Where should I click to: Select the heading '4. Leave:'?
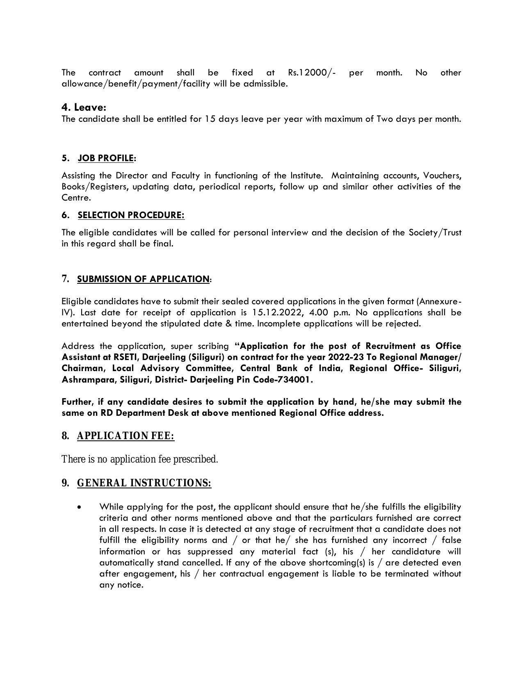click(84, 107)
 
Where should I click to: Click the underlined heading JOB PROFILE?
click(105, 158)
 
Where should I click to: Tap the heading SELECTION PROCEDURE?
click(131, 215)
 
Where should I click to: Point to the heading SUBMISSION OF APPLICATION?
click(143, 279)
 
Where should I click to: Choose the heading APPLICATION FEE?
click(126, 436)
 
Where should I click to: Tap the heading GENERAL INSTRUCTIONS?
click(144, 483)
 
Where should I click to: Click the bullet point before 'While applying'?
click(79, 508)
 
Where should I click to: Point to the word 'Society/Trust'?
click(435, 233)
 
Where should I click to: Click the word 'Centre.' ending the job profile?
click(76, 198)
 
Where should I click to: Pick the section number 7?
click(65, 279)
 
